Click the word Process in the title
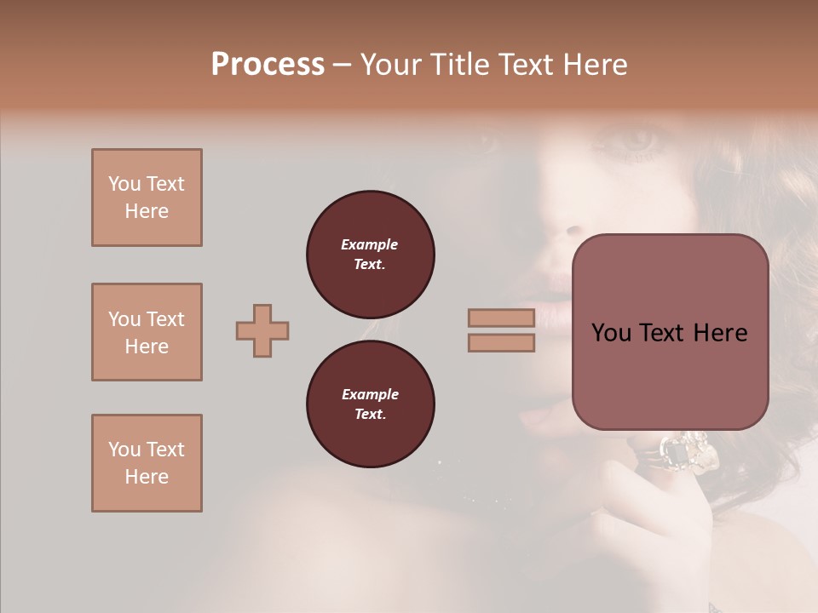pos(268,65)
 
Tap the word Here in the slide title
pos(593,65)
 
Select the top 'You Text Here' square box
pos(147,198)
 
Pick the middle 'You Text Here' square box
pos(147,332)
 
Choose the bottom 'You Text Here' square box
pos(147,463)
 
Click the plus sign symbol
pos(262,330)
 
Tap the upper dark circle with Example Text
pos(371,254)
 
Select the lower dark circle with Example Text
pos(371,404)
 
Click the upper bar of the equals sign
pos(501,318)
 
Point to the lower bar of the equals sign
pos(501,343)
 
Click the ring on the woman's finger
pos(682,453)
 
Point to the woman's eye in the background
pos(635,140)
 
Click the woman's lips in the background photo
pos(554,302)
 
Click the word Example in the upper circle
pos(370,244)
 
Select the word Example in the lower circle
pos(370,394)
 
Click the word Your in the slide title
pos(392,65)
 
